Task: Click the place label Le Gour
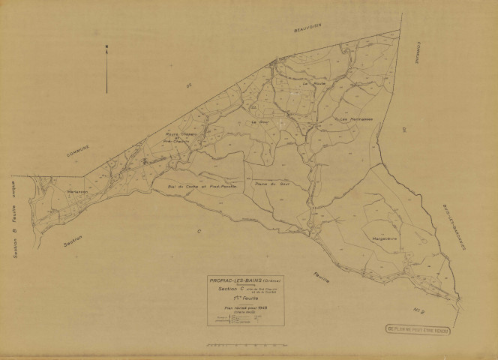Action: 259,121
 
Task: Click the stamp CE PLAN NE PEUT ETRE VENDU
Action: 439,328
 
